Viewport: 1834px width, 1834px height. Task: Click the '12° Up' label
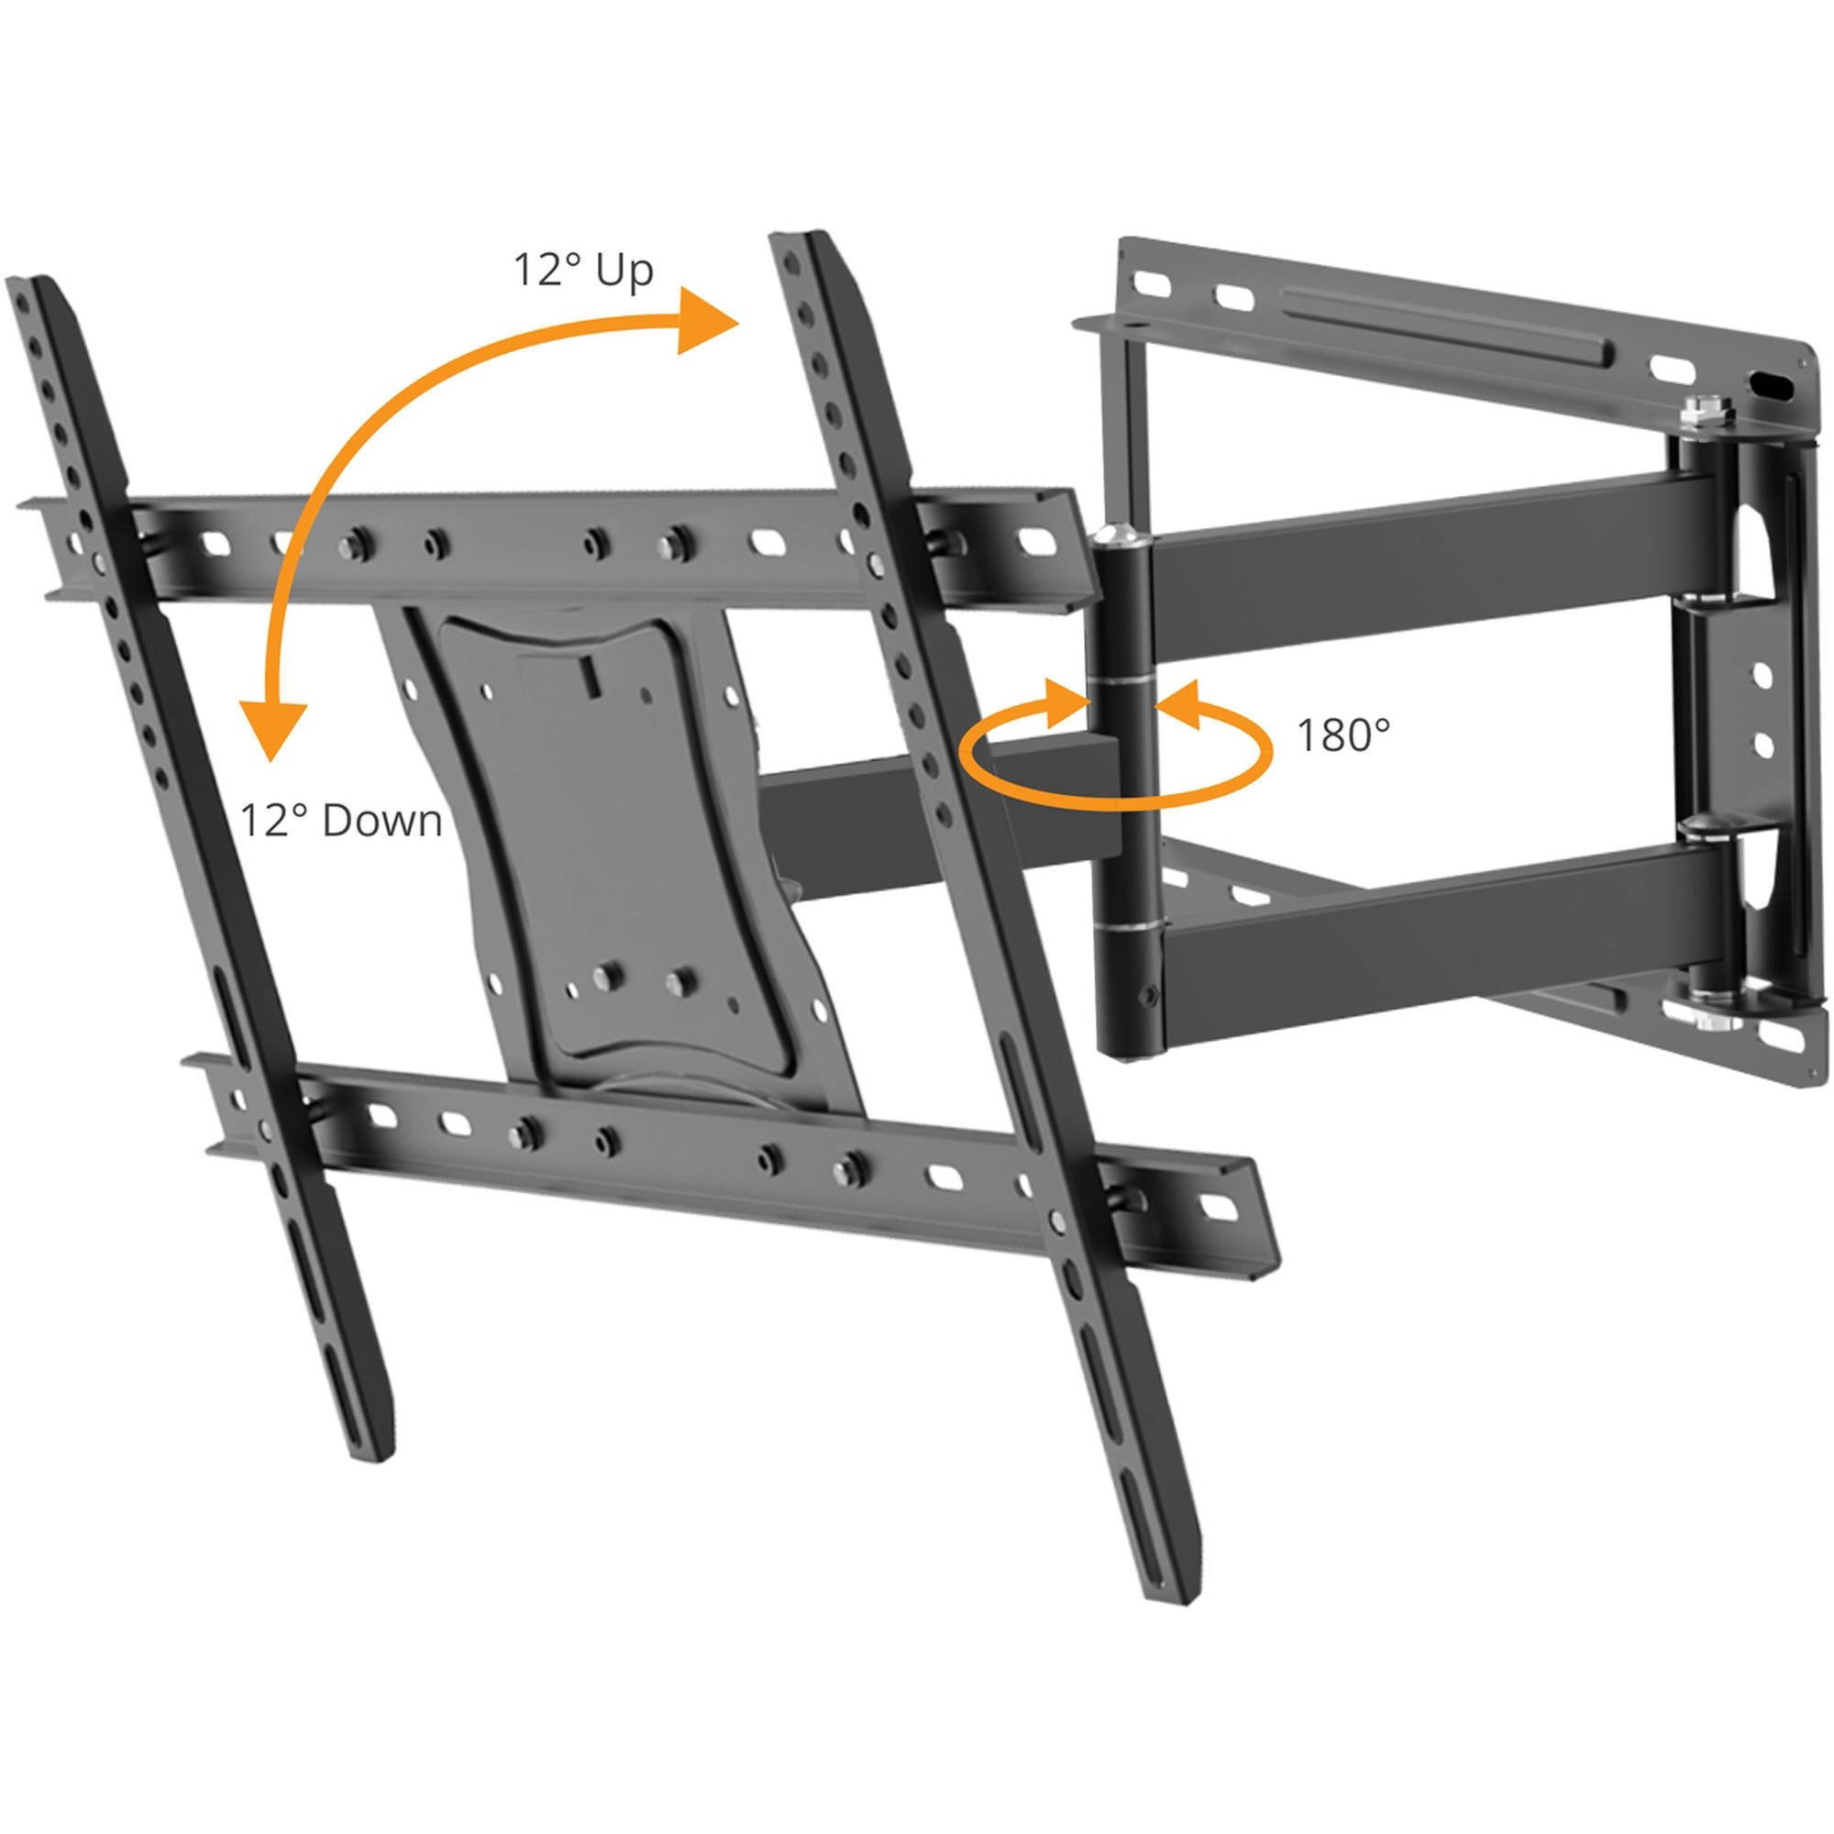click(x=583, y=271)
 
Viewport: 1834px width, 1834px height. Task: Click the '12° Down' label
click(x=341, y=820)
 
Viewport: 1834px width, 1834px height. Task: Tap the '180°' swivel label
click(x=1342, y=734)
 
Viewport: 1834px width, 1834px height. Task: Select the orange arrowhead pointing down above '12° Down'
click(x=272, y=731)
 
